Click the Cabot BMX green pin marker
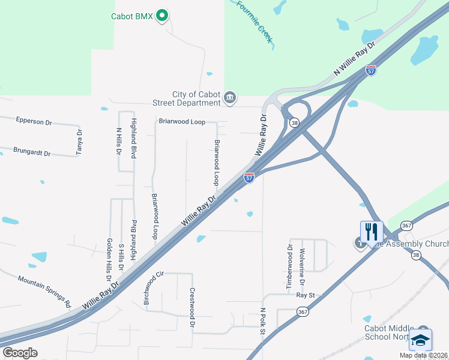[161, 16]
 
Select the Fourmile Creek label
[255, 22]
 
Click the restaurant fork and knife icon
[370, 232]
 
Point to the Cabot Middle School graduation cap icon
[420, 340]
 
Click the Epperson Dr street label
[34, 122]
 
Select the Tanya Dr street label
[79, 142]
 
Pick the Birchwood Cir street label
[154, 288]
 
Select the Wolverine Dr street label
[303, 267]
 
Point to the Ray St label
[306, 295]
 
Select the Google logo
[20, 353]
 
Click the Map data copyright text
[423, 355]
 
